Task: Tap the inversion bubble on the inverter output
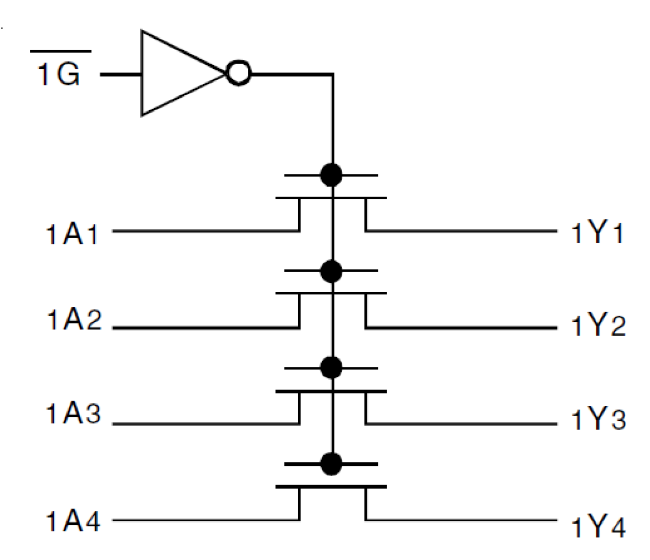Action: coord(239,73)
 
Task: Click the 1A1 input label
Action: coord(72,234)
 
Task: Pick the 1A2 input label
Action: coord(73,320)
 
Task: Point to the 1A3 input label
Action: coord(73,414)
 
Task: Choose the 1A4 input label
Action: coord(73,521)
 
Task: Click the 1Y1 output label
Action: coord(597,234)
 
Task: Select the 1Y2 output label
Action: coord(598,326)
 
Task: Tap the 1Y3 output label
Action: coord(598,419)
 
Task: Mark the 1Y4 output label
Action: coord(598,527)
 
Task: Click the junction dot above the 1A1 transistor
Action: coord(331,175)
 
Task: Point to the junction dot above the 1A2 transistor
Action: coord(331,271)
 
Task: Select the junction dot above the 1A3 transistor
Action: coord(331,367)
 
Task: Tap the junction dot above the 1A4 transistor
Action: coord(331,464)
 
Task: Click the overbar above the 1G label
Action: coord(61,51)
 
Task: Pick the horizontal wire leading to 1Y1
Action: coord(461,230)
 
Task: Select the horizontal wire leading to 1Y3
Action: coord(461,424)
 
